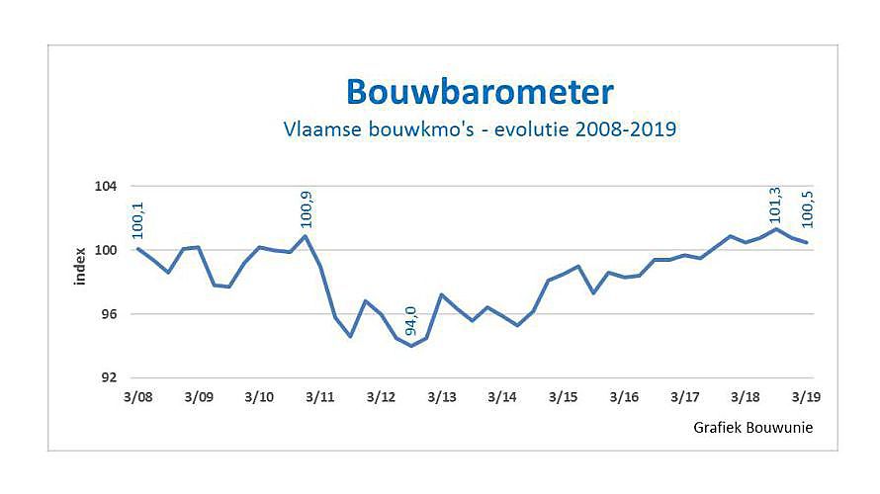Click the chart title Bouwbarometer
click(x=480, y=92)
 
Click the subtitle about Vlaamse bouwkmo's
click(x=480, y=129)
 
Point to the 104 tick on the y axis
click(x=106, y=187)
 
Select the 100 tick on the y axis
click(x=106, y=250)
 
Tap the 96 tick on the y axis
click(x=109, y=314)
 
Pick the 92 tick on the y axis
click(x=109, y=377)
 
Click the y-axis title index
click(x=80, y=267)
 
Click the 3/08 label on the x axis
click(x=137, y=396)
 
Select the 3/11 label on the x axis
click(x=320, y=396)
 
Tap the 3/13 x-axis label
click(x=442, y=396)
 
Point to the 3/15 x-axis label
click(x=564, y=396)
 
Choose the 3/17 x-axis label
click(x=685, y=396)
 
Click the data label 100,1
click(x=137, y=219)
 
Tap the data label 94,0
click(x=411, y=322)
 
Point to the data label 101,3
click(x=776, y=205)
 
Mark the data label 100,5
click(x=807, y=217)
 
